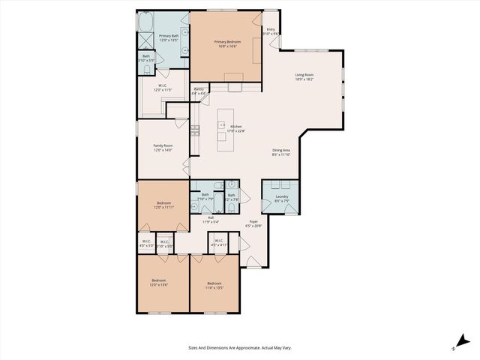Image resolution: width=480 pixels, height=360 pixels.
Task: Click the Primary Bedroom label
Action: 227,42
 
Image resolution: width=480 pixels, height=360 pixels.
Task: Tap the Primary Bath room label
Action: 169,35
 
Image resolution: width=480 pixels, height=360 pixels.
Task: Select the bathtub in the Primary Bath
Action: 145,21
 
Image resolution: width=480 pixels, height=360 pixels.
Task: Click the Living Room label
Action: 304,75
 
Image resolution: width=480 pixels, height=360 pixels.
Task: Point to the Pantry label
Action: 199,89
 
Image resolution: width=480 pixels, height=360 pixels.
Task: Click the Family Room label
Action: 163,145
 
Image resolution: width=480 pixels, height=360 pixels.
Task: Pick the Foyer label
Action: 255,221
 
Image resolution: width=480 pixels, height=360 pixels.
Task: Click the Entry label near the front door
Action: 271,30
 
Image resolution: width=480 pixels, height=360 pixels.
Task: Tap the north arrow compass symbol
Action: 458,343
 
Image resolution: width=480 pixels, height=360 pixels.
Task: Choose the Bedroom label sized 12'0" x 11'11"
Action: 163,202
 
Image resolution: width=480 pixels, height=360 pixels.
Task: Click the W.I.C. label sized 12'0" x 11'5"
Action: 163,85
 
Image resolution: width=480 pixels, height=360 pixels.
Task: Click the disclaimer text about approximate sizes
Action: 239,347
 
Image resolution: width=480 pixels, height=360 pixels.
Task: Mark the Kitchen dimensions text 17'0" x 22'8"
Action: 236,130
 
